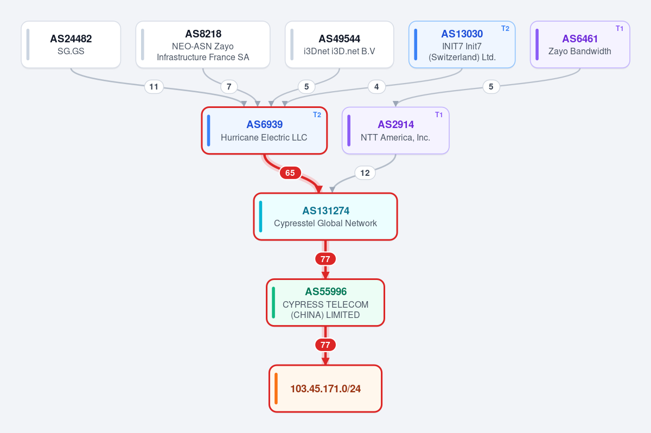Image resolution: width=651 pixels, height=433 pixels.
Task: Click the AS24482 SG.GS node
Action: [71, 44]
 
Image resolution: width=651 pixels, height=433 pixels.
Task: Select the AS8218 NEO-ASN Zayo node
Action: [203, 44]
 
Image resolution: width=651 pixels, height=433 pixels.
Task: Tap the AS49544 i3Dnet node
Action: [340, 44]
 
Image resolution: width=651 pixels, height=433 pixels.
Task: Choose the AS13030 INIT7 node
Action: [462, 44]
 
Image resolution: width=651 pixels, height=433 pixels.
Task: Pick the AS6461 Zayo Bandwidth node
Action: [580, 44]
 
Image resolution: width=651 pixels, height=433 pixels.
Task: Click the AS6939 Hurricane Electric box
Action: [264, 130]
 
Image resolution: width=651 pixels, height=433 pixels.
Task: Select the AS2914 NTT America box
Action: [395, 130]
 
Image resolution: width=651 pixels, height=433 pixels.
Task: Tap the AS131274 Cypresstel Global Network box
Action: [325, 217]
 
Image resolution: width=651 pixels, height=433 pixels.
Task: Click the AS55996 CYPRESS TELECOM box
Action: [325, 303]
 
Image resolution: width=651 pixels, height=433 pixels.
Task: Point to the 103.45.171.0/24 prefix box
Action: [325, 389]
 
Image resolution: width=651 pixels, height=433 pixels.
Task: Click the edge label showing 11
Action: [154, 87]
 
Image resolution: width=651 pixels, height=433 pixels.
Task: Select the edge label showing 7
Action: [229, 87]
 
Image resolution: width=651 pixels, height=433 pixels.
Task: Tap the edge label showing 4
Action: [376, 87]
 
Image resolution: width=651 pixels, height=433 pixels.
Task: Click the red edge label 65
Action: [290, 173]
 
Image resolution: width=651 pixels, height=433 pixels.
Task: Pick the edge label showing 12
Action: [365, 173]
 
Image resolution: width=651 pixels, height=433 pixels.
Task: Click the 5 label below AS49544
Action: [307, 87]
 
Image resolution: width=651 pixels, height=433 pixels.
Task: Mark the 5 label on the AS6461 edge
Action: [491, 87]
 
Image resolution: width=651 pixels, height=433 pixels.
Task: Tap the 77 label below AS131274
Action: [325, 259]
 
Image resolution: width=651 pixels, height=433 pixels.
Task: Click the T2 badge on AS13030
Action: [506, 28]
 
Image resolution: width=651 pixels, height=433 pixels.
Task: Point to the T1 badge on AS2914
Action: [439, 115]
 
